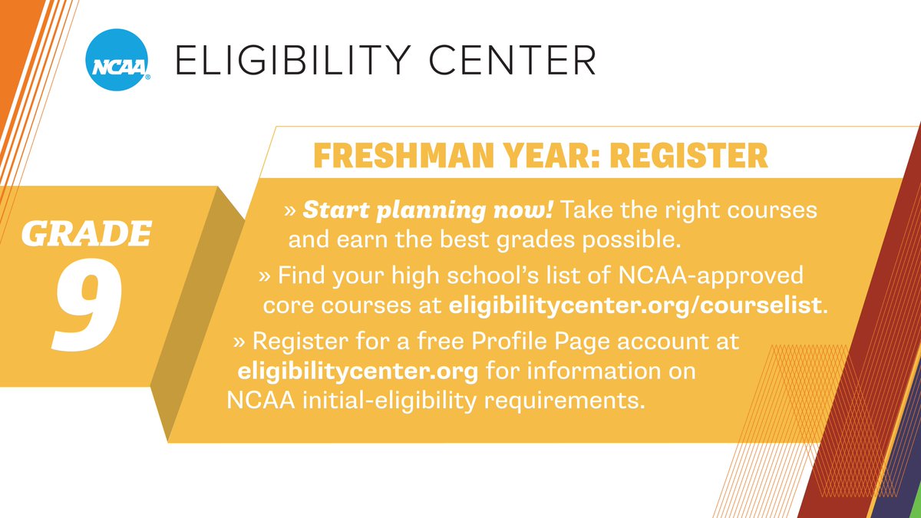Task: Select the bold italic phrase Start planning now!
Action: pos(427,210)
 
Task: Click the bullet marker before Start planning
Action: pos(290,210)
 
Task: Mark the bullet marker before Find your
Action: pos(265,274)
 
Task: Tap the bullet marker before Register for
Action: pos(239,341)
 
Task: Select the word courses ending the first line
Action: pos(771,210)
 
